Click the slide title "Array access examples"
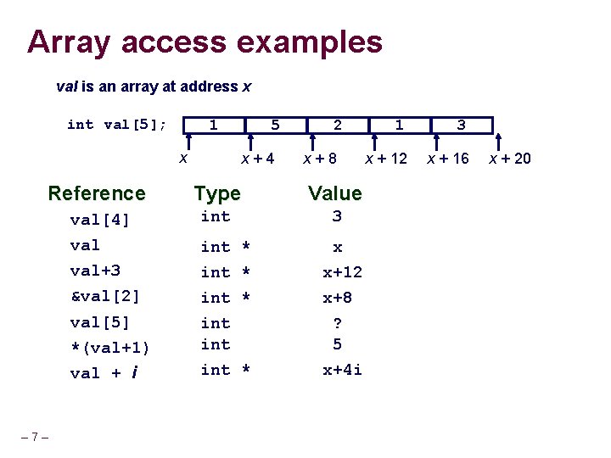205,41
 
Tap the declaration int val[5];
116,125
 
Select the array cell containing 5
275,126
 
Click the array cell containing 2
338,126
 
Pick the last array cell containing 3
461,126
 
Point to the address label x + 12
386,158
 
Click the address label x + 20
510,158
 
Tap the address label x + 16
447,158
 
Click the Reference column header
97,193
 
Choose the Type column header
217,193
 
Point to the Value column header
335,193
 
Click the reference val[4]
99,220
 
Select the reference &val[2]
104,297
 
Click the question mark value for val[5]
337,323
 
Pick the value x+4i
342,370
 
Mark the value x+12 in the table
342,272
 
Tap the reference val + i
104,372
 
